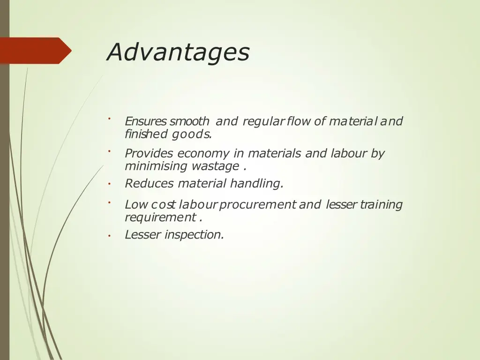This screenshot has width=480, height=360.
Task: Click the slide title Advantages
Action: [x=178, y=52]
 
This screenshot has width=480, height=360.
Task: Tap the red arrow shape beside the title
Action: [x=36, y=51]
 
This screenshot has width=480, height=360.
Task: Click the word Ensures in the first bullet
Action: [x=145, y=121]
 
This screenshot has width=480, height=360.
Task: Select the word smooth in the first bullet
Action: [x=189, y=121]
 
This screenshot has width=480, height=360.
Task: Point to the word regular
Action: [x=263, y=121]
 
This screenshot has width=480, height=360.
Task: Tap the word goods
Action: [x=192, y=135]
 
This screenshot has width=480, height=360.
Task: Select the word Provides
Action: [x=149, y=153]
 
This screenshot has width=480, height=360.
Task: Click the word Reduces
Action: [x=149, y=183]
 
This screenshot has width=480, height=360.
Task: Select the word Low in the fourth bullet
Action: [x=136, y=205]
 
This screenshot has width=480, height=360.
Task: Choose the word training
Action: [x=381, y=205]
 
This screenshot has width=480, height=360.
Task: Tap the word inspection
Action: [x=194, y=235]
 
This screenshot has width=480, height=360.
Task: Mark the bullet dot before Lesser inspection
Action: [x=108, y=236]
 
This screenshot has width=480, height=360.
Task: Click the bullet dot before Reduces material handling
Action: [x=108, y=184]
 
